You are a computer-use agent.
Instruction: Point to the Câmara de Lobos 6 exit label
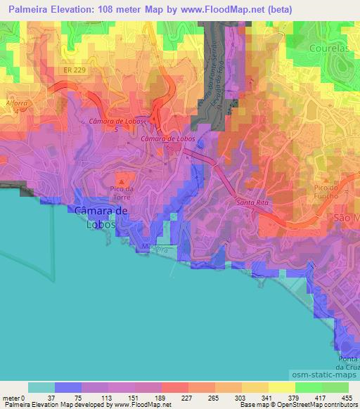(x=167, y=143)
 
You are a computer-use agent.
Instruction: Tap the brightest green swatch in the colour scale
(x=335, y=387)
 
